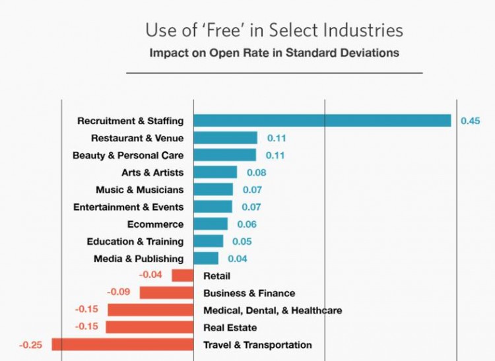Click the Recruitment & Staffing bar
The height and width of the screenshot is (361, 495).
pyautogui.click(x=322, y=121)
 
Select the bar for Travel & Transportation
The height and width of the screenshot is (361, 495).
pyautogui.click(x=122, y=345)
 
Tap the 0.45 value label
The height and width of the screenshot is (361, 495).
pyautogui.click(x=470, y=121)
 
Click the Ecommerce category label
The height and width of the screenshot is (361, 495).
pyautogui.click(x=155, y=224)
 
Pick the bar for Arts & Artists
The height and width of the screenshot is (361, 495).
pyautogui.click(x=215, y=172)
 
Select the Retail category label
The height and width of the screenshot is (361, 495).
pyautogui.click(x=216, y=276)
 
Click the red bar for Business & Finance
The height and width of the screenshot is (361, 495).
pyautogui.click(x=166, y=293)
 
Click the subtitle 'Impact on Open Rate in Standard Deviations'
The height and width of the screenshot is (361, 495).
pyautogui.click(x=274, y=52)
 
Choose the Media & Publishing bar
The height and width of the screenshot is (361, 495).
pyautogui.click(x=206, y=259)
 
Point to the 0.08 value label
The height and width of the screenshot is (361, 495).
pyautogui.click(x=257, y=173)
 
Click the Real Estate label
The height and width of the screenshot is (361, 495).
pyautogui.click(x=230, y=327)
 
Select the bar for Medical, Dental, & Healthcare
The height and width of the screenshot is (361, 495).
pyautogui.click(x=150, y=310)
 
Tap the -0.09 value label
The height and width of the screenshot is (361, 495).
pyautogui.click(x=119, y=291)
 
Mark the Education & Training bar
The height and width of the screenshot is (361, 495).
pyautogui.click(x=209, y=242)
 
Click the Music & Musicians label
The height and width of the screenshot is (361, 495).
pyautogui.click(x=139, y=190)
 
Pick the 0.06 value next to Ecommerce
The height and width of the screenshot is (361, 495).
pyautogui.click(x=247, y=224)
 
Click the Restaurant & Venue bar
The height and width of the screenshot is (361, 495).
pyautogui.click(x=225, y=138)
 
